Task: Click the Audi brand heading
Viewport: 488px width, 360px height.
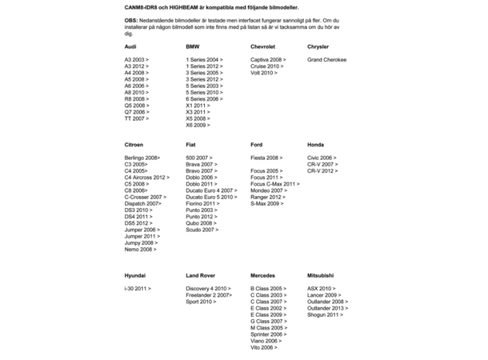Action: [x=130, y=47]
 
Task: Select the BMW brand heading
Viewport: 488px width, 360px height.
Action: [x=192, y=47]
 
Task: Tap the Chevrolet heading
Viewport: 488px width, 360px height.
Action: [x=262, y=47]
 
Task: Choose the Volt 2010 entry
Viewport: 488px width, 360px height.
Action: [x=264, y=73]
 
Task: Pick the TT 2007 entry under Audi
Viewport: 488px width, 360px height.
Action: [x=136, y=118]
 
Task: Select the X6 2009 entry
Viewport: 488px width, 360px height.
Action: [x=198, y=125]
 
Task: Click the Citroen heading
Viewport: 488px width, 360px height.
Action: [x=134, y=145]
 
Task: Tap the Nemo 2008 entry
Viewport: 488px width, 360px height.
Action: [x=140, y=250]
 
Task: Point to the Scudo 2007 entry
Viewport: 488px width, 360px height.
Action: [x=202, y=230]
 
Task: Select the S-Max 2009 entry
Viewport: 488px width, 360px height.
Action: [x=267, y=204]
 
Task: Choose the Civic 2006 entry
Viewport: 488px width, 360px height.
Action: [x=322, y=158]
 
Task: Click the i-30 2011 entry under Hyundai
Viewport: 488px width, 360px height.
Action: [x=138, y=288]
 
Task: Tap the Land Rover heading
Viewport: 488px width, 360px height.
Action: [x=201, y=275]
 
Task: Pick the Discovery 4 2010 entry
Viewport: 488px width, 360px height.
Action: [x=208, y=288]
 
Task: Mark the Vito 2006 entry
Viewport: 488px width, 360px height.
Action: [x=264, y=347]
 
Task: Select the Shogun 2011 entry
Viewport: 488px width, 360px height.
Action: [x=325, y=314]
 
